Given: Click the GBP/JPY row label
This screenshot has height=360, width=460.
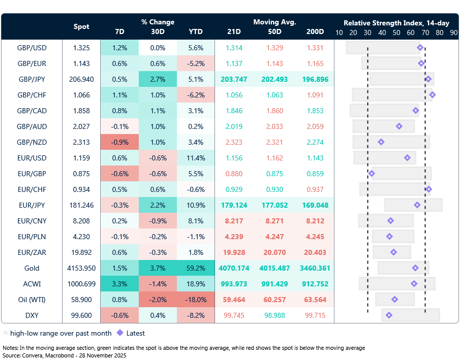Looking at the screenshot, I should point(32,79).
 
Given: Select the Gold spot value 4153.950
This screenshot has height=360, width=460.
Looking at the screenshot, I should point(81,268).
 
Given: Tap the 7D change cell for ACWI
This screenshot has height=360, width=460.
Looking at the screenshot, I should point(119,284).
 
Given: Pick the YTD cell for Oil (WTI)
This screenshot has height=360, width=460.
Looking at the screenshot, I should point(196,300).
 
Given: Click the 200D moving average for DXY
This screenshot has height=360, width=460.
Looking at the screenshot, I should point(315,315).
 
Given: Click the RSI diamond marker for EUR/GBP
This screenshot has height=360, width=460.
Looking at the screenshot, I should point(372,174).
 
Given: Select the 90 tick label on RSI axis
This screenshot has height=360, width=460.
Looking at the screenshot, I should point(453,32).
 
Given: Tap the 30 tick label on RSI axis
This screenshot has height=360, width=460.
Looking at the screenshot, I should point(367,32).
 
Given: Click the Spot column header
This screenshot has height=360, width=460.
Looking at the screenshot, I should point(81,26).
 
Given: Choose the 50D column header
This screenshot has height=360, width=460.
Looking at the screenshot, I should point(274,31).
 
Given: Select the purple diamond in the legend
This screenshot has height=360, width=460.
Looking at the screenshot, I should point(119,333).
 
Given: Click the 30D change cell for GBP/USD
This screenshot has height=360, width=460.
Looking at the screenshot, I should point(158,48).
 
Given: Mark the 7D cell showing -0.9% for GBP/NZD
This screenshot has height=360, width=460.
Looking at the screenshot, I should point(119,142).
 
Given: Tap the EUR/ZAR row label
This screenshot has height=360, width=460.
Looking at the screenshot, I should point(32,252).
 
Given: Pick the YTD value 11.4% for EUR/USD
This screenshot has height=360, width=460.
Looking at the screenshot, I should point(196,158).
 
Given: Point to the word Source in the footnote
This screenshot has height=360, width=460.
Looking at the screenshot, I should point(12,355).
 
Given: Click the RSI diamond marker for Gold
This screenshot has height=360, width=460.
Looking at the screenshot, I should point(415,268).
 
